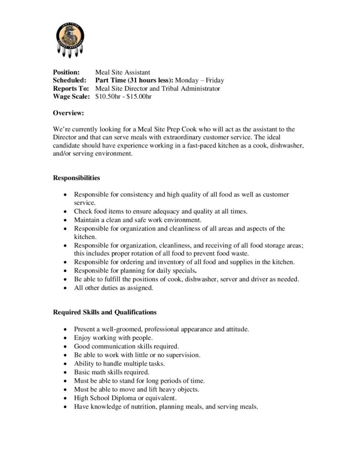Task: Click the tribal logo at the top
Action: tap(71, 40)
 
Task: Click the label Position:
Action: tap(66, 72)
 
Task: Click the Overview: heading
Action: tap(68, 113)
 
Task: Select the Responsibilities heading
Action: tap(76, 177)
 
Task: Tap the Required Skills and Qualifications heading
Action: tap(105, 312)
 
